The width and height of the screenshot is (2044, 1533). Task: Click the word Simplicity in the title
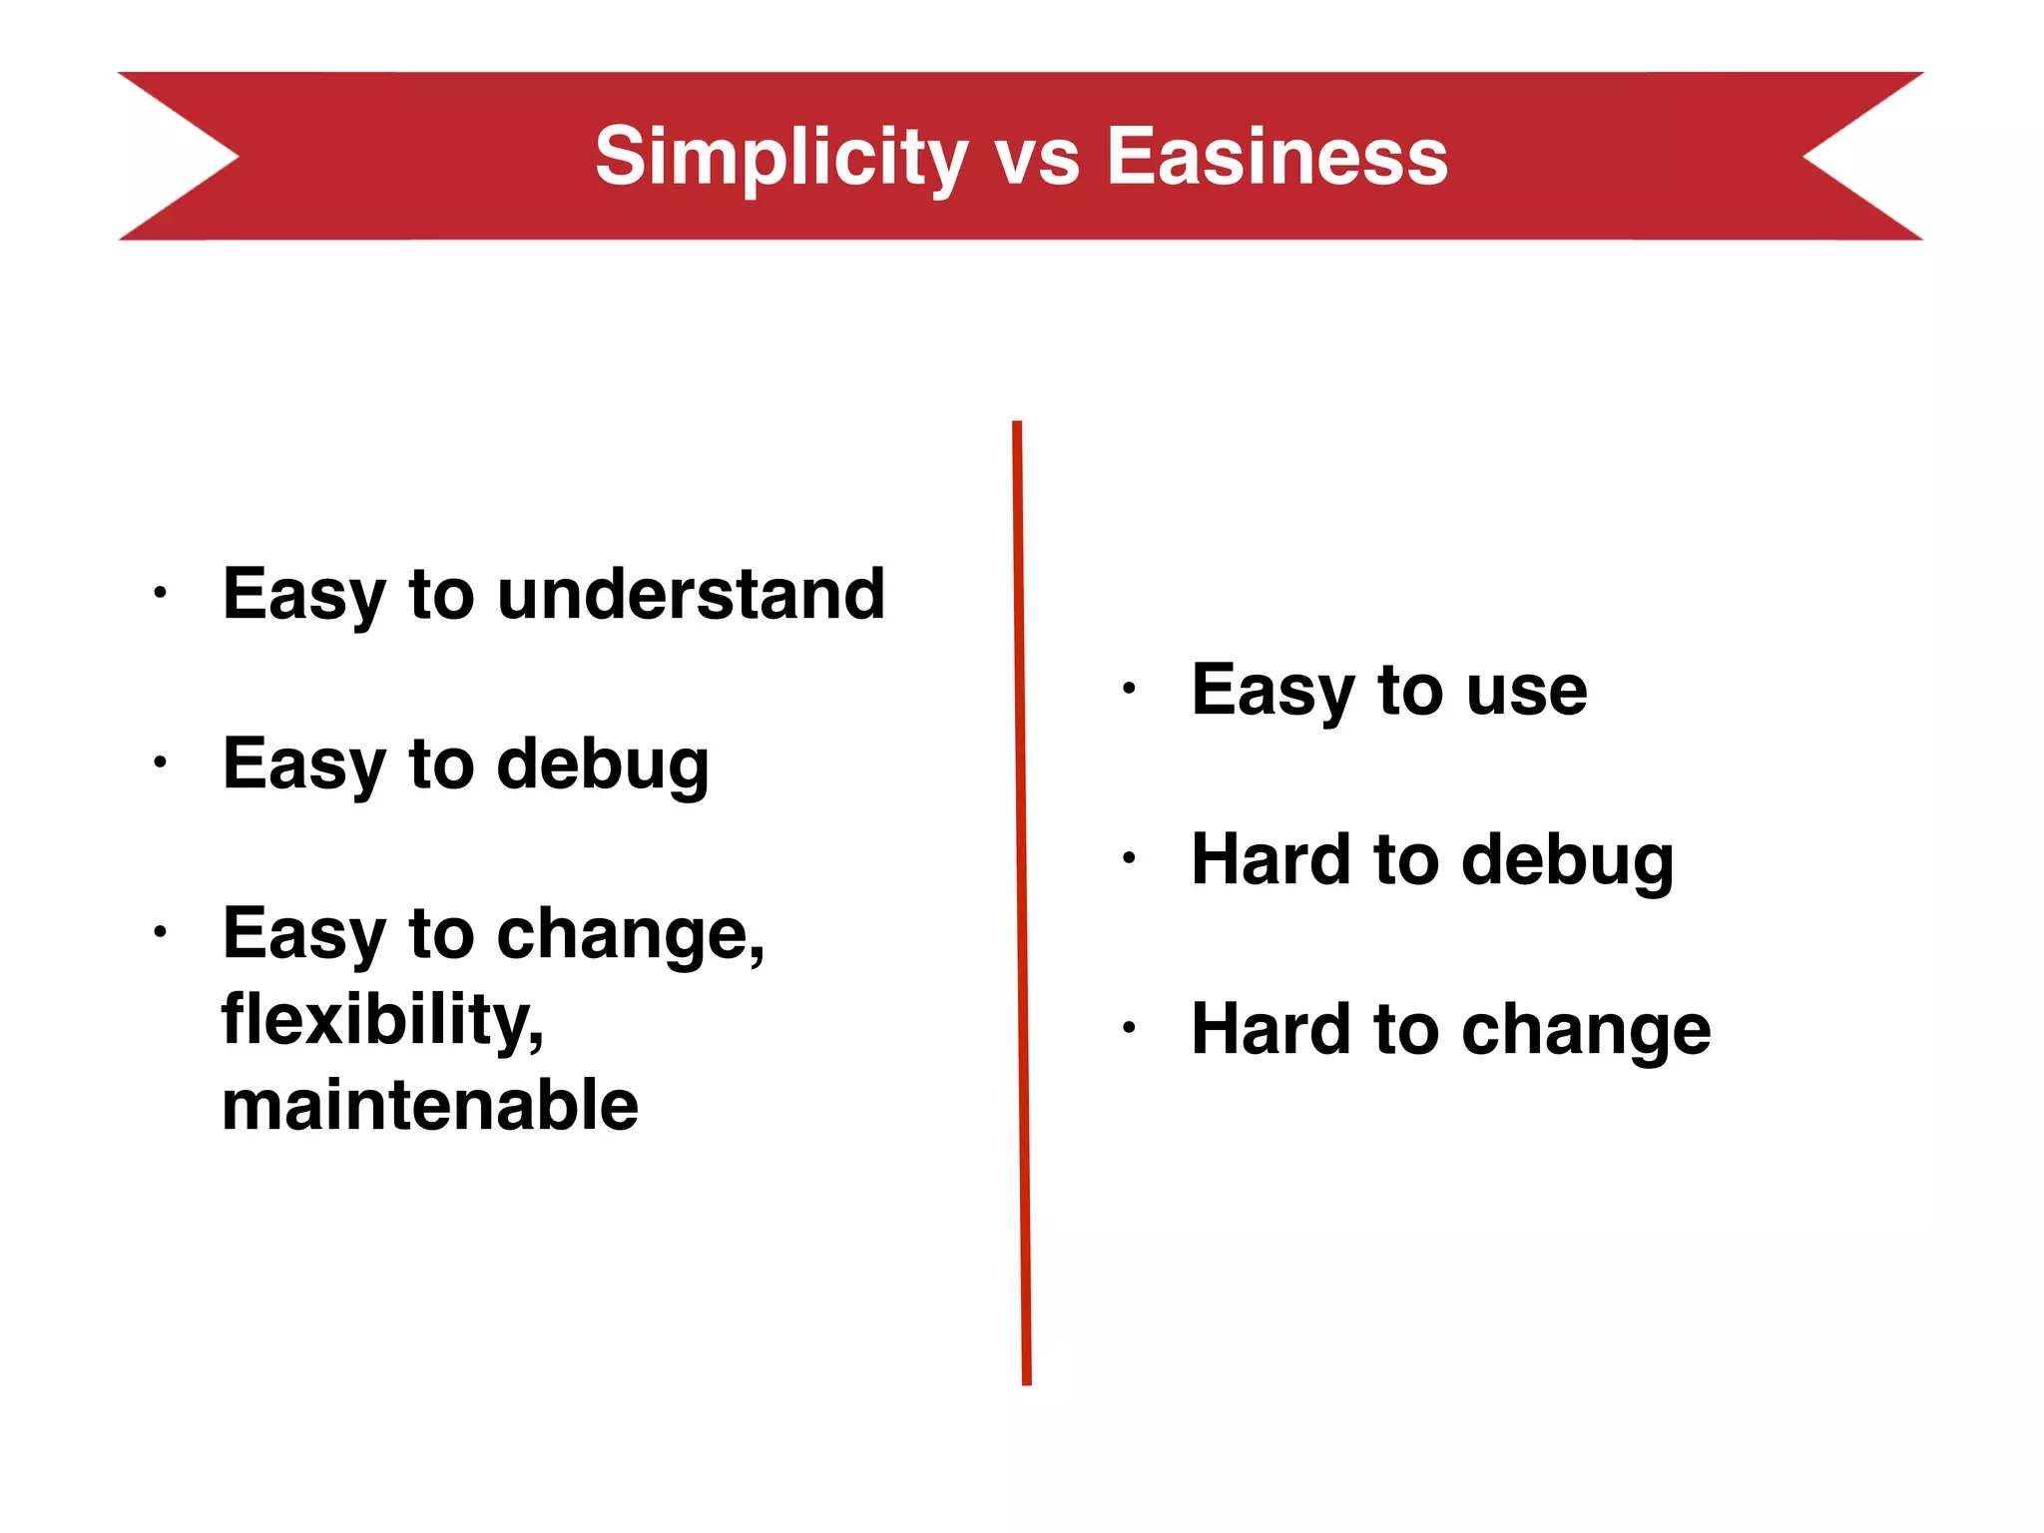coord(781,157)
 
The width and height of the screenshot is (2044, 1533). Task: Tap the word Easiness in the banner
coord(1277,157)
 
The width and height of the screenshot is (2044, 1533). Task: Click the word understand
coord(691,594)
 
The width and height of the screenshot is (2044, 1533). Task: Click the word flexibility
coord(383,1020)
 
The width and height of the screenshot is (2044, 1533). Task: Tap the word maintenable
coord(430,1105)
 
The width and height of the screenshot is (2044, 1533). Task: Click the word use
coord(1526,692)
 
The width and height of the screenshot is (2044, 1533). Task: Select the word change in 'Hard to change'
coord(1586,1030)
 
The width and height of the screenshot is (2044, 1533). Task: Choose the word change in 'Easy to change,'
coord(631,935)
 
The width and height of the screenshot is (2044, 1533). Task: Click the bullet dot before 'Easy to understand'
coord(160,594)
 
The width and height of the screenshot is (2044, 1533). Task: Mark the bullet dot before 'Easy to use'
coord(1129,689)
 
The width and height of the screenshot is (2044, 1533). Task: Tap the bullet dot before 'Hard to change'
coord(1129,1027)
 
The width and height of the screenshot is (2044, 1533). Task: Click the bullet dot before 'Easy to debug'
coord(160,764)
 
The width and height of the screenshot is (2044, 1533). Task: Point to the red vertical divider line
coord(1022,898)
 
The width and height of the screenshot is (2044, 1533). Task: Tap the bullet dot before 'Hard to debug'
coord(1129,857)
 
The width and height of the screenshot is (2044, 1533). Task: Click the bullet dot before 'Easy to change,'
coord(160,933)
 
